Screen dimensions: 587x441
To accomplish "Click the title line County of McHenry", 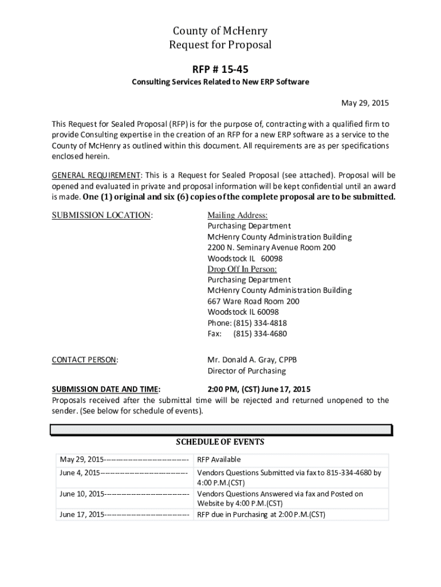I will coord(220,31).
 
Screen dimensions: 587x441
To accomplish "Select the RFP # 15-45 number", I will coord(220,69).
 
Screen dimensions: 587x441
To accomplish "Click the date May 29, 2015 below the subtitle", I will coord(365,103).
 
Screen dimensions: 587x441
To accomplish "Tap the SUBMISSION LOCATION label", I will coord(103,215).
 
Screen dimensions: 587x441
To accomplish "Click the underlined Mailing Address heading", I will coord(237,215).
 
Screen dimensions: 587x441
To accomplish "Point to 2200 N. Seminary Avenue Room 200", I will coord(271,248).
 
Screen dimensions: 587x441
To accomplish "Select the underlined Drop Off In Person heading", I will coord(242,269).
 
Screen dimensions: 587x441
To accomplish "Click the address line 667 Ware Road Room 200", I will coord(253,302).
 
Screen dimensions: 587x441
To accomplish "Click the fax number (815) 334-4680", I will coord(260,334).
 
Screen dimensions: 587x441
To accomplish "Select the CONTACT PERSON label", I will coord(85,360).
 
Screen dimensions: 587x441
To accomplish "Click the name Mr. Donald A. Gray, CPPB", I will coord(252,360).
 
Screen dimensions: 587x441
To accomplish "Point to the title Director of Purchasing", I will coord(246,371).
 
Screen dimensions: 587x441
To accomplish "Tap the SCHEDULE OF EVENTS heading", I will coord(220,442).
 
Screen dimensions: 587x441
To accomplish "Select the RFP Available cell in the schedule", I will coord(219,460).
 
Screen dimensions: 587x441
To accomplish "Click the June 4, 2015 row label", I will coord(80,473).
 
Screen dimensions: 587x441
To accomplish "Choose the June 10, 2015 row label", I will coord(82,494).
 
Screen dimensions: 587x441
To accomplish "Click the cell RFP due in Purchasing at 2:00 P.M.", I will coord(261,514).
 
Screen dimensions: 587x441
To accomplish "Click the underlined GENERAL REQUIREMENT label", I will coord(97,175).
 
